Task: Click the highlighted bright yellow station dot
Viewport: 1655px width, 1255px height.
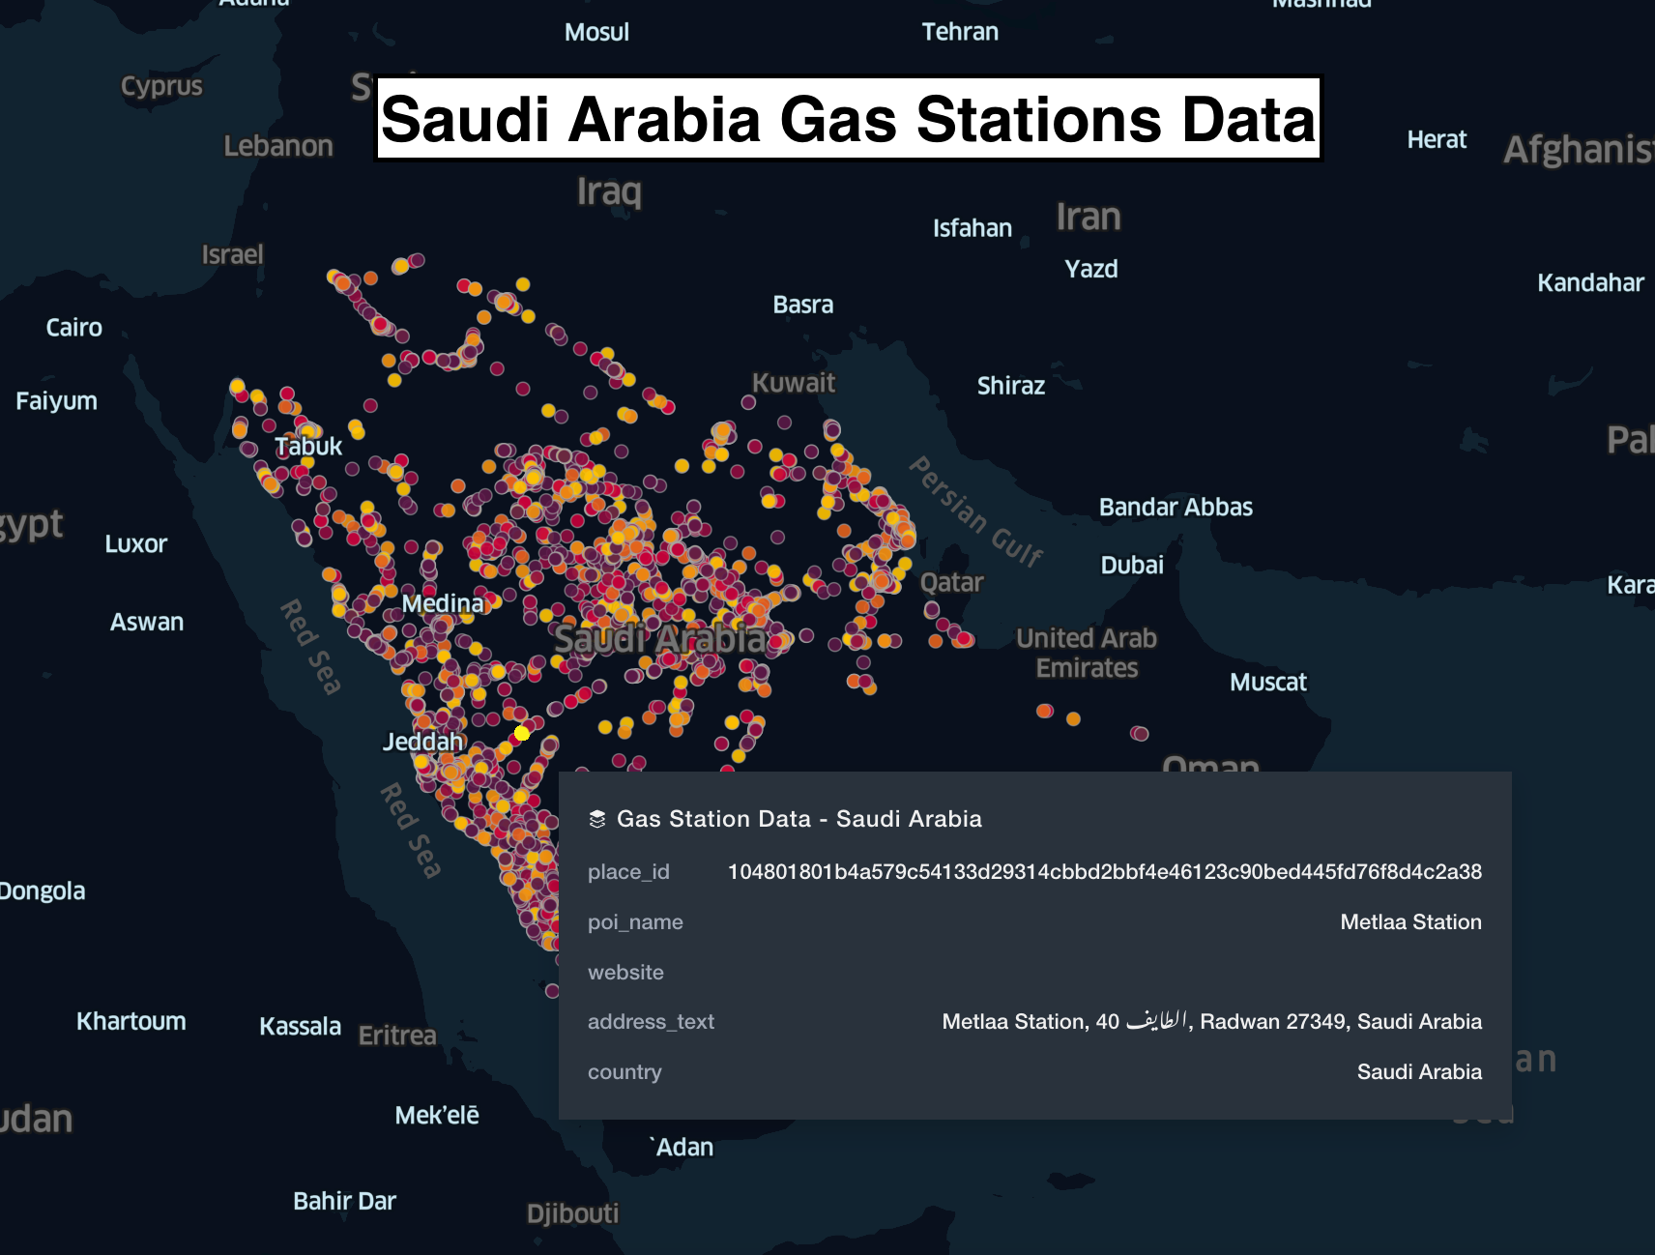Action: click(522, 733)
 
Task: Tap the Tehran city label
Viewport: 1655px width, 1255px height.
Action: click(959, 32)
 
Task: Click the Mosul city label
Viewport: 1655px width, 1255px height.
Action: click(596, 32)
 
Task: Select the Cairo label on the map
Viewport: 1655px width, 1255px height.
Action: click(73, 328)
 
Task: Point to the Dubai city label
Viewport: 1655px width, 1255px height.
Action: click(1131, 565)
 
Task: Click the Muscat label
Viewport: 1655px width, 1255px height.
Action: click(1267, 683)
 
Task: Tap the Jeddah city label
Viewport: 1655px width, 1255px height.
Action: click(422, 742)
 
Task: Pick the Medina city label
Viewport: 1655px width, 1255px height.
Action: click(442, 604)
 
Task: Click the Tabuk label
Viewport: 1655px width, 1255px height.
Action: click(308, 447)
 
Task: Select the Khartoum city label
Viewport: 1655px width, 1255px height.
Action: click(131, 1021)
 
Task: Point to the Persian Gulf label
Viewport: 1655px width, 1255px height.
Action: click(976, 511)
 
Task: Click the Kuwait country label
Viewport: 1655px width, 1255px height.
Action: click(793, 383)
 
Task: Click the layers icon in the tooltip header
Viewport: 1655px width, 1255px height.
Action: click(597, 819)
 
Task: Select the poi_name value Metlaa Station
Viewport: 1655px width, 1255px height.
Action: click(1409, 922)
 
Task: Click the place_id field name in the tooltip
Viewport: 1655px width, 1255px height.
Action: click(628, 872)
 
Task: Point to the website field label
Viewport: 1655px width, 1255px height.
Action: click(625, 973)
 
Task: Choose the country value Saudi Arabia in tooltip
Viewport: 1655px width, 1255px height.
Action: click(1418, 1072)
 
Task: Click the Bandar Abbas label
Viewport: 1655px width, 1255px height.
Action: click(1175, 508)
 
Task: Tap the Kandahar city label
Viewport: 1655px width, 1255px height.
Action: click(1589, 283)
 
